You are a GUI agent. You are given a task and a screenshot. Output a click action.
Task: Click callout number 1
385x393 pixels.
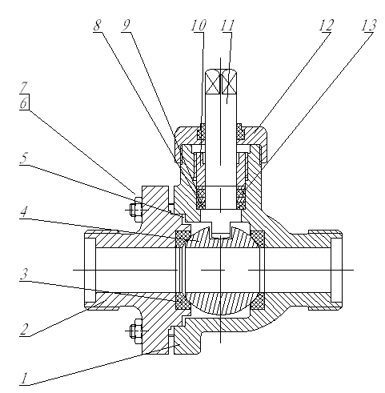(24, 379)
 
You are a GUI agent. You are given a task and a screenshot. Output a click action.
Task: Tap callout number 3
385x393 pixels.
(24, 274)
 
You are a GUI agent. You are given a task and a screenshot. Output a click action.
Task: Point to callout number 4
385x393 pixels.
(24, 212)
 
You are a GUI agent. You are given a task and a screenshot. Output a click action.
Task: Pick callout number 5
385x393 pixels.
(24, 158)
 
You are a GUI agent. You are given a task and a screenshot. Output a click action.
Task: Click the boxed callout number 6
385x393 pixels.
(24, 102)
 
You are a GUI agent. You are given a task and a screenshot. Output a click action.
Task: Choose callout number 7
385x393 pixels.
(24, 87)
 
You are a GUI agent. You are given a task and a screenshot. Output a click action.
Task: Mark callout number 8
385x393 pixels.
(98, 26)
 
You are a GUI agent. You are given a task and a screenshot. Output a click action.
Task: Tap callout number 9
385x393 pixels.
(126, 26)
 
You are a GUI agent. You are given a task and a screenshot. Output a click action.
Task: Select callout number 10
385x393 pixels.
(199, 26)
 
